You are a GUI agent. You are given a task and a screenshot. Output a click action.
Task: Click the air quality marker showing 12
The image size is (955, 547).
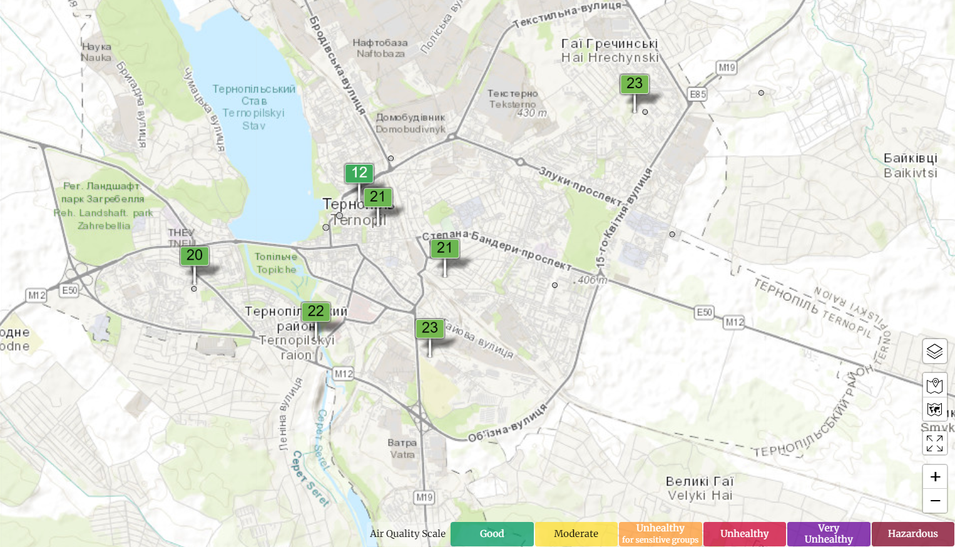coord(359,173)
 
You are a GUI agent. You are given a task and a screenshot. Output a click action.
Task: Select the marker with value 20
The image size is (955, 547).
coord(194,255)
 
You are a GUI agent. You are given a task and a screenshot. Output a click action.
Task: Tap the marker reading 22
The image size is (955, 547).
coord(315,311)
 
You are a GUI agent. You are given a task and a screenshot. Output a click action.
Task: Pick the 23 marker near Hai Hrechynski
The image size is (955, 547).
coord(634,84)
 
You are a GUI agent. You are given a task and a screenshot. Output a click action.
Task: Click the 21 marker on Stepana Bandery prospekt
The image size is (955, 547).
coord(444,248)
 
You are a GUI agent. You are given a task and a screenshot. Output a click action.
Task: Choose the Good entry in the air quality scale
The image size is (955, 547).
coord(492,534)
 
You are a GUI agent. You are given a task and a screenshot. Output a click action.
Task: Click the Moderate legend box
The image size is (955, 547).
coord(576,534)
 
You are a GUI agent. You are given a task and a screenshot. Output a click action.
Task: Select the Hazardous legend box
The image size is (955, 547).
coord(912,534)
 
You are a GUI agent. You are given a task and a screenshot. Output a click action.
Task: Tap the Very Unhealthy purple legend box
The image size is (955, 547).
coord(828,534)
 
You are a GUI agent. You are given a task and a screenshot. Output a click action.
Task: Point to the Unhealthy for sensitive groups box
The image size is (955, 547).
coord(660,534)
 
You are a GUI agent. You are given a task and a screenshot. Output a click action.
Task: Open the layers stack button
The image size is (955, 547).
coord(934,351)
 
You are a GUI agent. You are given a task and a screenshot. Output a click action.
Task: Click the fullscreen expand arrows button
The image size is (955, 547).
coord(934,443)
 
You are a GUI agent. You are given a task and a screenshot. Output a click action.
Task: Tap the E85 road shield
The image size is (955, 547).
coord(697,95)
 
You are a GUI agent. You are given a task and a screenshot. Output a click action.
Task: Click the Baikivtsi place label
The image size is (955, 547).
coord(910,166)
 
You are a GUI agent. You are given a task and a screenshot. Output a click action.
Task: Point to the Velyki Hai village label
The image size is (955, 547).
coord(700,489)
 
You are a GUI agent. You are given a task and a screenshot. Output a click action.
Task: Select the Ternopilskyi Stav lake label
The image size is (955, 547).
coord(253,107)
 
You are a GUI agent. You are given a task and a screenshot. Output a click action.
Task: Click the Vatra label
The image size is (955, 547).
coord(402,449)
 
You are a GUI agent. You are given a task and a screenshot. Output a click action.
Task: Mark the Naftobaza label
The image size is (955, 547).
coord(380,48)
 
